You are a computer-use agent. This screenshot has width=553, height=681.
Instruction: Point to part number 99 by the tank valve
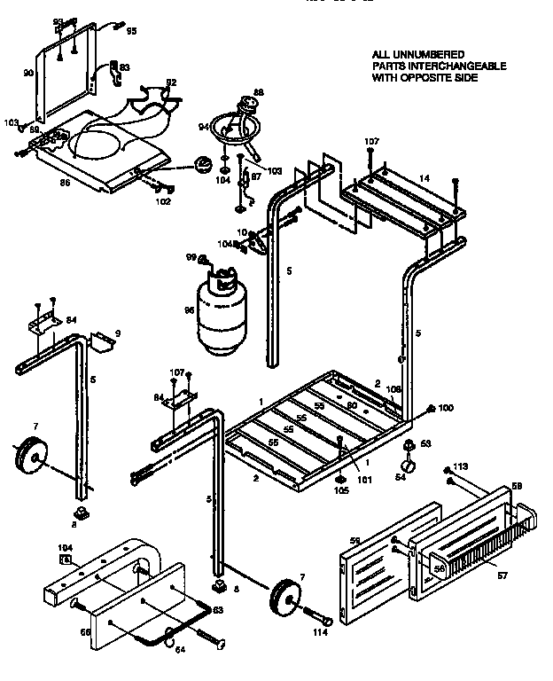(x=190, y=257)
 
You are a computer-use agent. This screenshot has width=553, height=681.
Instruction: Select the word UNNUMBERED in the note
(x=426, y=55)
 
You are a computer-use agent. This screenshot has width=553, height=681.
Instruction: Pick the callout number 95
(x=131, y=31)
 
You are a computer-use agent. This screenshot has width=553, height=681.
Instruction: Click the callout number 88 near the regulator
(x=259, y=92)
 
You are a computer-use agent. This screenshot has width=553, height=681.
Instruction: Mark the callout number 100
(x=446, y=408)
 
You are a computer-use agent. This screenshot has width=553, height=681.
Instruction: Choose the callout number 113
(x=460, y=466)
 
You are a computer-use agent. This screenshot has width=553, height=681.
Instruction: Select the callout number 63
(x=217, y=610)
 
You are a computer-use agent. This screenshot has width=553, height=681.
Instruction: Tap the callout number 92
(x=171, y=82)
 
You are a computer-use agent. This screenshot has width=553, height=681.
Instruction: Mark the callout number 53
(x=425, y=442)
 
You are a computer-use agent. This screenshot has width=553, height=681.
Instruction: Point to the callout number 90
(x=27, y=74)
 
